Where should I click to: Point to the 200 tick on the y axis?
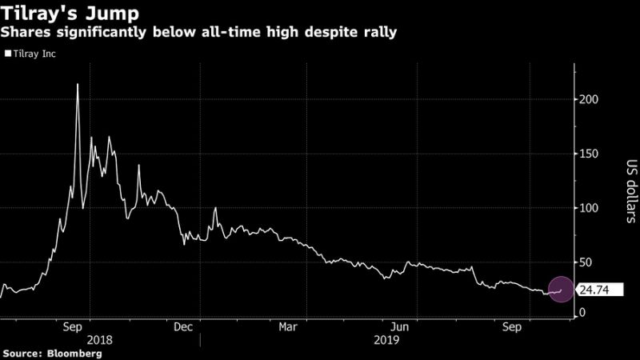pos(590,99)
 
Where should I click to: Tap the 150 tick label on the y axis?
pos(590,154)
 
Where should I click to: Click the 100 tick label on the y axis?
pos(590,208)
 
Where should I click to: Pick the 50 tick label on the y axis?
pos(586,262)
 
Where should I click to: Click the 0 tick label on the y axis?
pos(583,312)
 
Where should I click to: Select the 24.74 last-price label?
pos(597,290)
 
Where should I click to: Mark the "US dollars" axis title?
pos(630,190)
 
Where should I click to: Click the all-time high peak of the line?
pos(77,84)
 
